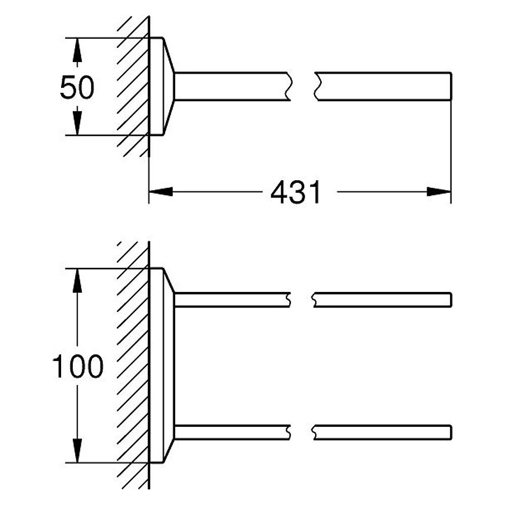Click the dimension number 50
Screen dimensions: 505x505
[x=77, y=87]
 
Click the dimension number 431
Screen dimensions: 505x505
[x=295, y=192]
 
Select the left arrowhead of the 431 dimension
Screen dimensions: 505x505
[x=161, y=192]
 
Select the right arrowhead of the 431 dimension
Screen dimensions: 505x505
[x=439, y=192]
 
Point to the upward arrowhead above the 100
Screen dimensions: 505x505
[x=77, y=280]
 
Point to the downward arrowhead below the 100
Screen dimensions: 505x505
[x=77, y=450]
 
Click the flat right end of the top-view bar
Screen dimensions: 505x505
[x=451, y=87]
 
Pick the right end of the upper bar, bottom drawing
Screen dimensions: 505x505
[x=451, y=300]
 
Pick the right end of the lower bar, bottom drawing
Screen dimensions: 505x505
[x=451, y=433]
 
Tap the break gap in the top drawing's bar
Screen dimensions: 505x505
[x=302, y=87]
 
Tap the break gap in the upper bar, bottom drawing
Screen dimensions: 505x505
[x=301, y=300]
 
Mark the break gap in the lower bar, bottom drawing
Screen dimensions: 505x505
[x=301, y=433]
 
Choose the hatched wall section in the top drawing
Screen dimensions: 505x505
[x=133, y=86]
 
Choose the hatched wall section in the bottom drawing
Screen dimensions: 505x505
[x=133, y=365]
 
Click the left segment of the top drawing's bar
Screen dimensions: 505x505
[x=232, y=87]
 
